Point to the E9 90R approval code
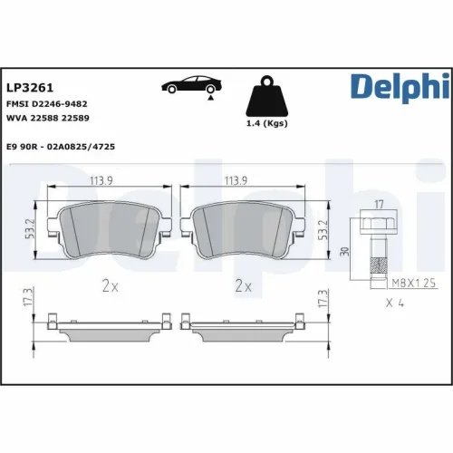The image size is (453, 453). point(65,145)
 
